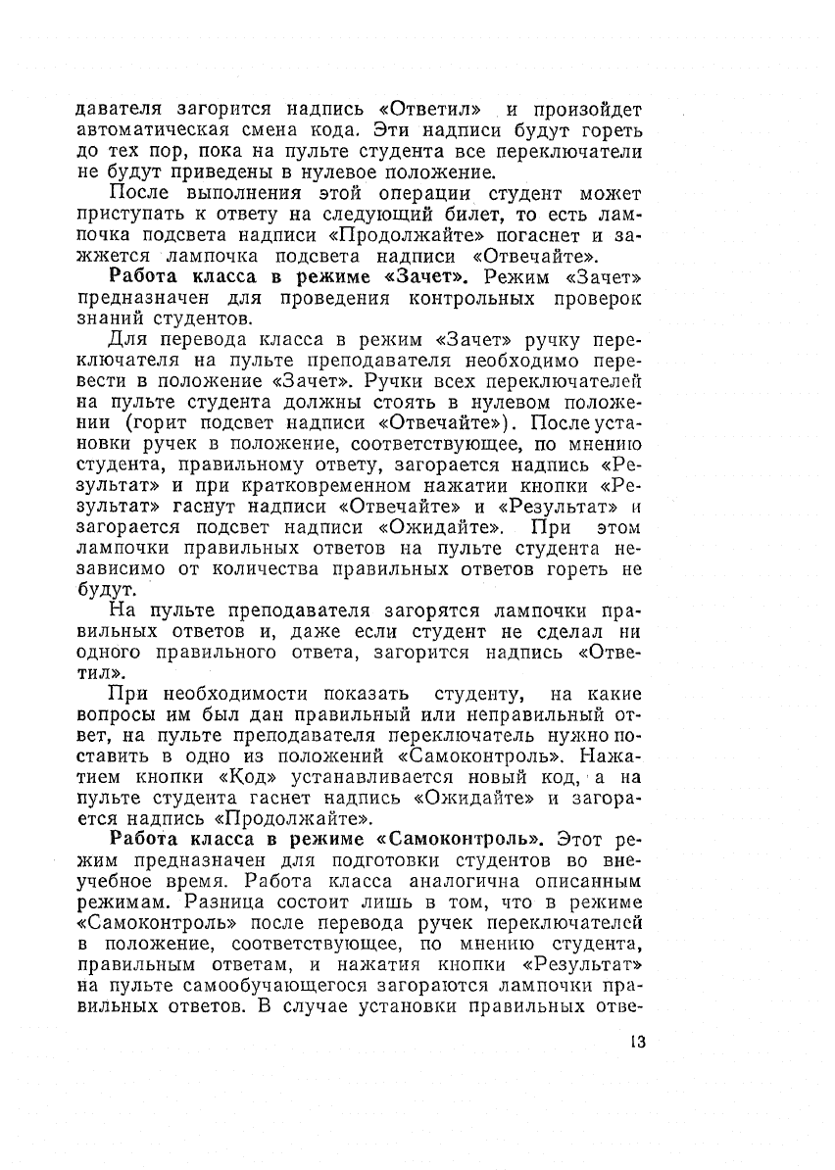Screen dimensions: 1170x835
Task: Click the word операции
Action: pos(417,193)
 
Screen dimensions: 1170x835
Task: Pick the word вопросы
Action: pos(116,714)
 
